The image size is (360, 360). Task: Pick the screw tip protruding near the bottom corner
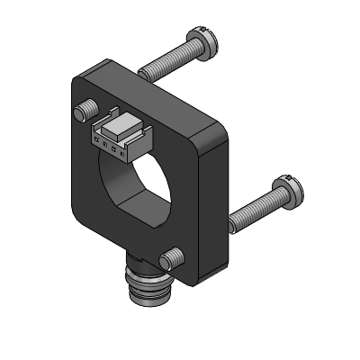(x=168, y=260)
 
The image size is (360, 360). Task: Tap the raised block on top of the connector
(x=122, y=121)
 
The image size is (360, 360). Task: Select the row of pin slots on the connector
(x=110, y=144)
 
